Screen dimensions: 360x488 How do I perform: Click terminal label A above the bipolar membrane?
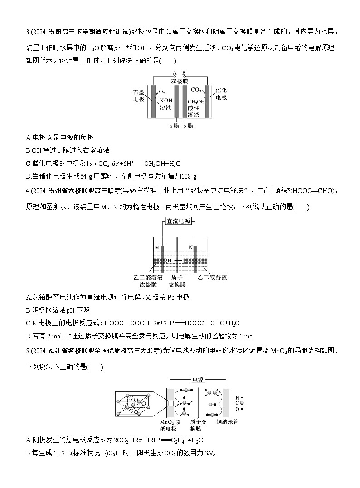(x=174, y=72)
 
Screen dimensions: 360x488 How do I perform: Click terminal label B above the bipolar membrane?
(x=184, y=72)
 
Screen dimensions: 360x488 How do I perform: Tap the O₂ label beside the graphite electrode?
(x=162, y=92)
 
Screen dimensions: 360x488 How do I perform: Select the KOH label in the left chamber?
(x=165, y=100)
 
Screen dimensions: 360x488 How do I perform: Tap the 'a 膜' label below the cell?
(x=174, y=126)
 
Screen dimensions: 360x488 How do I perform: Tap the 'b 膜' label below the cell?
(x=188, y=126)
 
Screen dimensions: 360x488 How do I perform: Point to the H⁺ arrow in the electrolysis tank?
(x=172, y=261)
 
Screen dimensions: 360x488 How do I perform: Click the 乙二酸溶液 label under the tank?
(x=212, y=277)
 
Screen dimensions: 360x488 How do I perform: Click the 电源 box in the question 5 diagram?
(x=198, y=379)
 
